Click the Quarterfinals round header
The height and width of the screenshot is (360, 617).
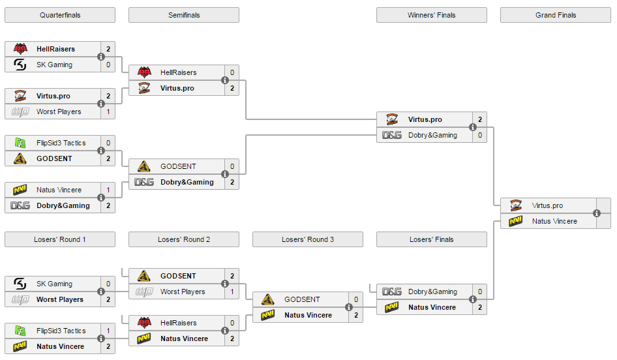coord(60,15)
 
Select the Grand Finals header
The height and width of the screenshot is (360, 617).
coord(556,15)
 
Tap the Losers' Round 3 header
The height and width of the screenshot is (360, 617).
coord(308,239)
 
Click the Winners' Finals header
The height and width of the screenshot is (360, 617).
coord(432,15)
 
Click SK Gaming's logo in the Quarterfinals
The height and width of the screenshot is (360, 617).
coord(20,65)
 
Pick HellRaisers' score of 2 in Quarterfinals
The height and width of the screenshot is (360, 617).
coord(108,49)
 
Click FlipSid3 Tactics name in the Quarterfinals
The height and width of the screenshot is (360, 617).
coord(61,143)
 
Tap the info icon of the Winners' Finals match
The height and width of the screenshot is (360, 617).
coord(473,127)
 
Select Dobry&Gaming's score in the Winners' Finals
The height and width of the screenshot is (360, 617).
coord(480,135)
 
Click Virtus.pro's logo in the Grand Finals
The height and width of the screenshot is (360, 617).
coord(516,205)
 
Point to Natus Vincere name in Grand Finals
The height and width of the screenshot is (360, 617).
coord(554,221)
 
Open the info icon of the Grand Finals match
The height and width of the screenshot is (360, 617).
coord(597,213)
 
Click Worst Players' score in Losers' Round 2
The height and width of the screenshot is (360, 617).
coord(232,292)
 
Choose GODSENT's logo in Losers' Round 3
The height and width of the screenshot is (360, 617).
coord(267,299)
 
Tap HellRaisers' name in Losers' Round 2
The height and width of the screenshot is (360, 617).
coord(178,323)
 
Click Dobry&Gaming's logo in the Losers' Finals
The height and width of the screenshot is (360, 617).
coord(392,292)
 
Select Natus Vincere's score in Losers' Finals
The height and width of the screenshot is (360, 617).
coord(480,307)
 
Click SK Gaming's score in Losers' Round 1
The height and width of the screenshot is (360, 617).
coord(108,284)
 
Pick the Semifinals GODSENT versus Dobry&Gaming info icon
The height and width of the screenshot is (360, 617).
coord(224,174)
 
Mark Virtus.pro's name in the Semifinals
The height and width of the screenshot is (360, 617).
coord(177,88)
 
